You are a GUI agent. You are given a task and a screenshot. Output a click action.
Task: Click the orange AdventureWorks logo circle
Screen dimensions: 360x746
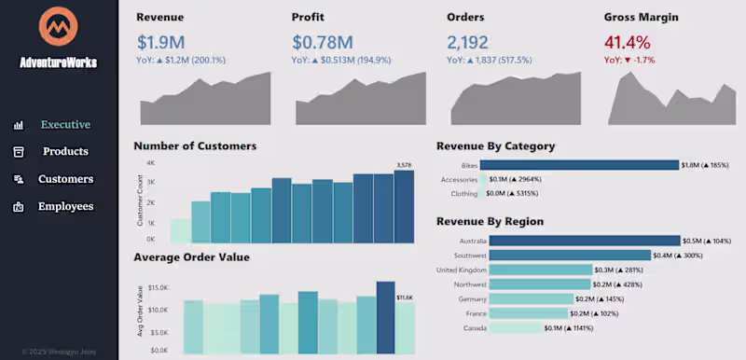(58, 28)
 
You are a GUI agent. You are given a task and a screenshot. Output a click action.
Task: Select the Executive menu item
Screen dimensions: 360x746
(65, 124)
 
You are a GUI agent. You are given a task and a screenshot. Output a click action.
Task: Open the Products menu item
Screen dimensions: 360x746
(65, 151)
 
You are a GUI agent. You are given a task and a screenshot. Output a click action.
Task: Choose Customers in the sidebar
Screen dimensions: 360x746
(65, 179)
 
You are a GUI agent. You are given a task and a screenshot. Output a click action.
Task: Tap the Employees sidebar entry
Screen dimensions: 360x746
(65, 206)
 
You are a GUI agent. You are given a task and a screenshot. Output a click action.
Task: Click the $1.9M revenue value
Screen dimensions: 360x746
(160, 42)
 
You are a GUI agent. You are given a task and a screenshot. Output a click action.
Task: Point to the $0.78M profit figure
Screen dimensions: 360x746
(322, 42)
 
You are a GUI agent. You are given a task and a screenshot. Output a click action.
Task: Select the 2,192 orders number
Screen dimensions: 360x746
(468, 42)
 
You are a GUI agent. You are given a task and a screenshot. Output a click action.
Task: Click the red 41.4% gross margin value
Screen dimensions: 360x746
(627, 42)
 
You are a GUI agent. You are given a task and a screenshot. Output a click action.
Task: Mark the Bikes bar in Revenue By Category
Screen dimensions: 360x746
(583, 165)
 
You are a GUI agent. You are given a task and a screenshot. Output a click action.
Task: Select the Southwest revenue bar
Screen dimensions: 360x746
(570, 256)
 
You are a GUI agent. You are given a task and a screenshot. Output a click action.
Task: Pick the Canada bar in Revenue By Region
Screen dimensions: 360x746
(515, 328)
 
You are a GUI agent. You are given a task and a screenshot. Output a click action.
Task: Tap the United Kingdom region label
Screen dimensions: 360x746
(461, 270)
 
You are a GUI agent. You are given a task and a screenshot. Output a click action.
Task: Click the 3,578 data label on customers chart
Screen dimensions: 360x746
(404, 165)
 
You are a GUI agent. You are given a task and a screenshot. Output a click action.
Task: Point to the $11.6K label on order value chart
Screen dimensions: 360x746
(405, 298)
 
